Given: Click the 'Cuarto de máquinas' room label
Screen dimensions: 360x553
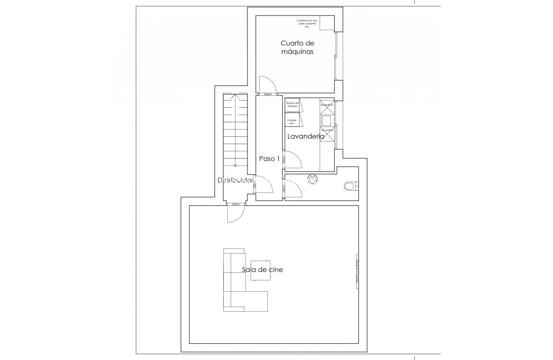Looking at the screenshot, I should point(297,47).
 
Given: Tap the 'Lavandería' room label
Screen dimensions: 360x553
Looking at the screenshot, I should point(305,136).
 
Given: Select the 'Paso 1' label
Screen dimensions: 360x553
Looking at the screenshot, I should point(269,158).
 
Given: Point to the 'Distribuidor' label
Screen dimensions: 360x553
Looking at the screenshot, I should point(236,180).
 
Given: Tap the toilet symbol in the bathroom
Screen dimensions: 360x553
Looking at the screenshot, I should point(350,186).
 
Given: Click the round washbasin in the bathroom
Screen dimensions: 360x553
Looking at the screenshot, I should point(313,179).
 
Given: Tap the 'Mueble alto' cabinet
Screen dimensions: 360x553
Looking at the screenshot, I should point(292,122).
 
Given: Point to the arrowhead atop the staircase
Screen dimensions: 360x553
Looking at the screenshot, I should point(235,97).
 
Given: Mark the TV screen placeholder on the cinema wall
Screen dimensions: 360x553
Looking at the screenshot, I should point(357,272).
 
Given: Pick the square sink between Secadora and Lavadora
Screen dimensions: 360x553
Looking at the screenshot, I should point(326,121).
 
